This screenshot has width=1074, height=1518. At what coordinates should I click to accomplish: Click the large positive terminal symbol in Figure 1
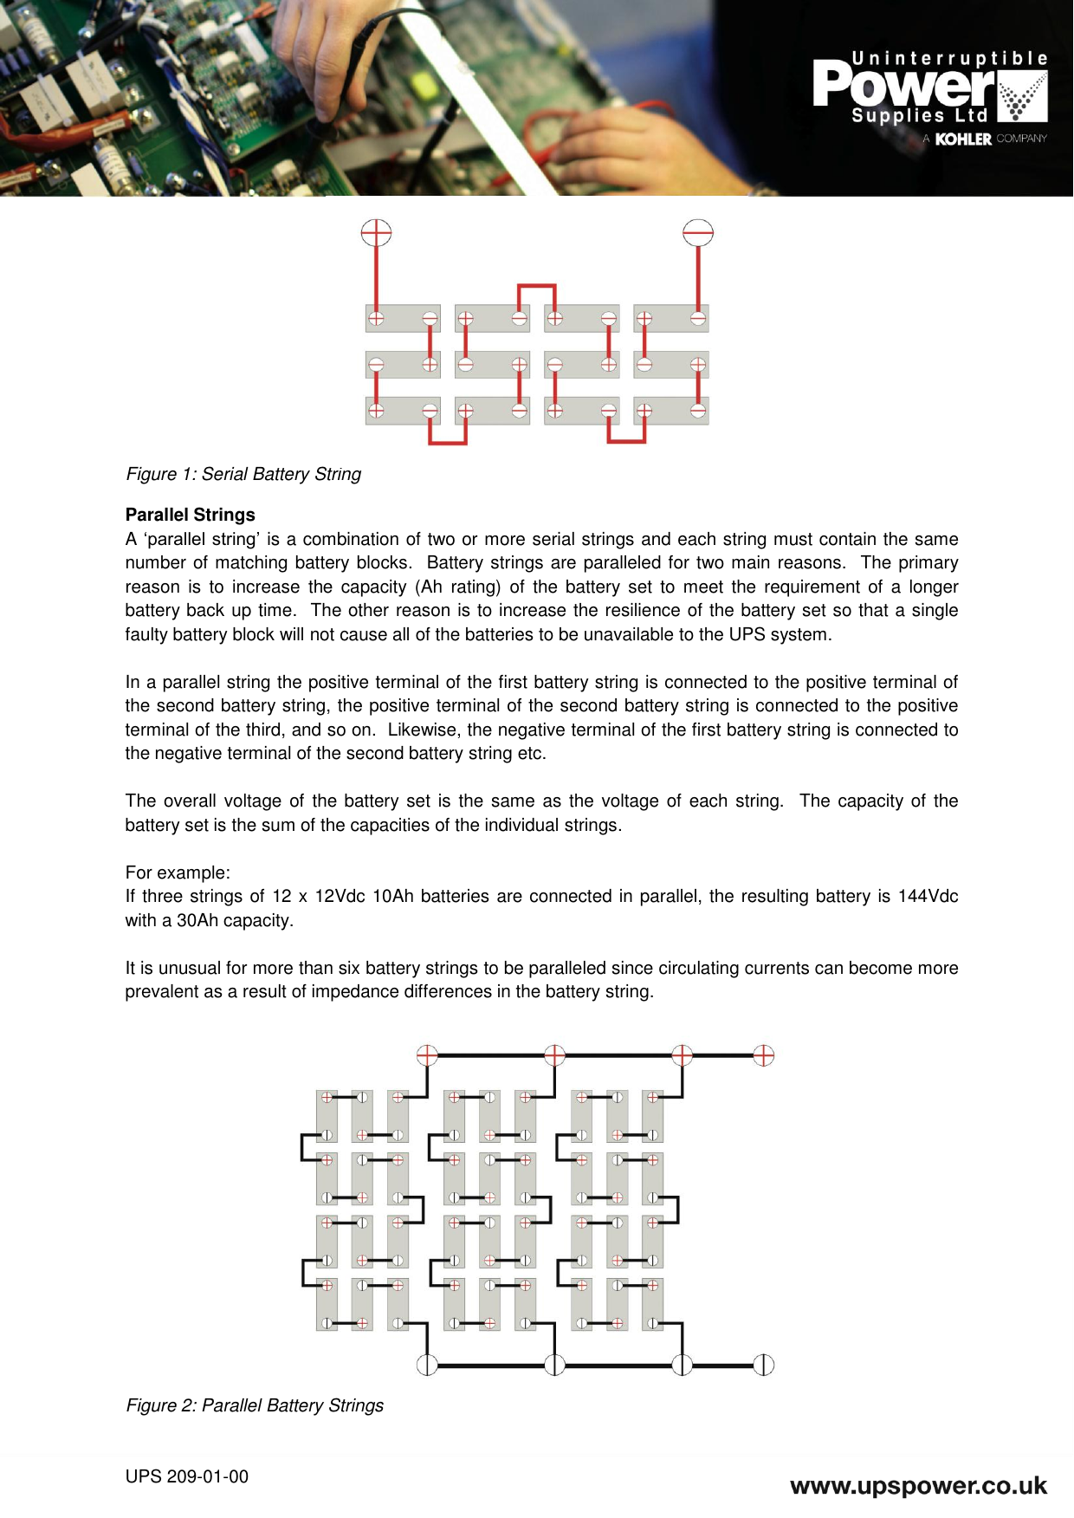point(376,232)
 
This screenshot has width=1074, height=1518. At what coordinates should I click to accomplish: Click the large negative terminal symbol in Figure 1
point(698,232)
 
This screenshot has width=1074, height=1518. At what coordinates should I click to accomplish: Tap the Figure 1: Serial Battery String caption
point(243,474)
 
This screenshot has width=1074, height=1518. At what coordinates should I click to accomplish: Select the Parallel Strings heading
point(191,515)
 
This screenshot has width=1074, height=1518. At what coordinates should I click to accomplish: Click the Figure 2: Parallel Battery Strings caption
point(255,1405)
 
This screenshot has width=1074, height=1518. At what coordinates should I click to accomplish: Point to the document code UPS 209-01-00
point(187,1476)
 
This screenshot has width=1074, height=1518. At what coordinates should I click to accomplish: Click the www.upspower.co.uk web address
point(918,1486)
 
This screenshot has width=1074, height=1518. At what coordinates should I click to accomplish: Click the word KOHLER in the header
point(963,139)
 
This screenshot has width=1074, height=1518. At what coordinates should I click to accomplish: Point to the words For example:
point(178,873)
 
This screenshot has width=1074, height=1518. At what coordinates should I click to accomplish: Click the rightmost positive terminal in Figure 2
point(763,1055)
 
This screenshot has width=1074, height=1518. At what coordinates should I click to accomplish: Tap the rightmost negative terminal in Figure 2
point(763,1365)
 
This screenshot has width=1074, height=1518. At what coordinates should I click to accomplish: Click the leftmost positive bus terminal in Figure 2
point(427,1055)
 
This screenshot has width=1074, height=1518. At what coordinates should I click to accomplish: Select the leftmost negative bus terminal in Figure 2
point(427,1365)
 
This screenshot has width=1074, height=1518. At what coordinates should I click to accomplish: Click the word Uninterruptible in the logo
point(949,59)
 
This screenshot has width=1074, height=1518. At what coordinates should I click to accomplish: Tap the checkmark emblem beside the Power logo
point(1023,97)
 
